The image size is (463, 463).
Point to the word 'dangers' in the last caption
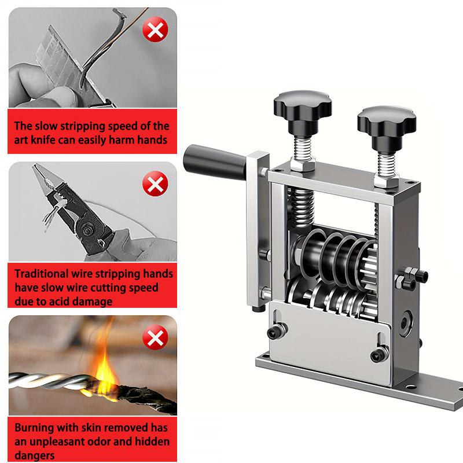[x=34, y=455]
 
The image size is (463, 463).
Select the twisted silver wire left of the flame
[x=46, y=382]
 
